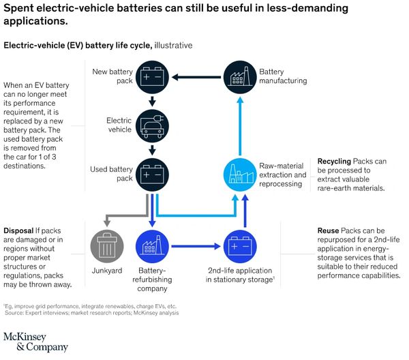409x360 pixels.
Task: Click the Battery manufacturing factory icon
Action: (x=239, y=76)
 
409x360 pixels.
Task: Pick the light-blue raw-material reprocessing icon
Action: (x=239, y=174)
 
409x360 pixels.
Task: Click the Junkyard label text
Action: (x=106, y=269)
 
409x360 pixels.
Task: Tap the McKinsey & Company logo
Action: (x=35, y=341)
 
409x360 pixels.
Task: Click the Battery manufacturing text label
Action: (x=282, y=76)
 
